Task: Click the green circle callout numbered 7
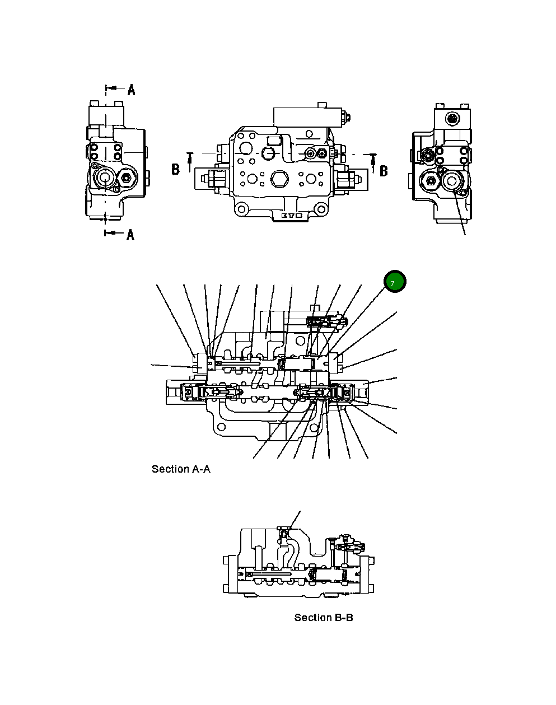click(394, 283)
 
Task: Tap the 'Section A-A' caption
click(181, 469)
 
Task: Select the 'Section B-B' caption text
click(324, 618)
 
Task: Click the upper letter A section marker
click(131, 89)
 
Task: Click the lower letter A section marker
click(130, 235)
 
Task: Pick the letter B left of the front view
click(175, 169)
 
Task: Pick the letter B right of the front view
click(384, 171)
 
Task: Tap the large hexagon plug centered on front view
click(278, 180)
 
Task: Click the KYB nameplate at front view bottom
click(291, 215)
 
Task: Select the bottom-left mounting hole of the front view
click(241, 211)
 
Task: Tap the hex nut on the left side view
click(126, 180)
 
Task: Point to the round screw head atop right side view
click(452, 118)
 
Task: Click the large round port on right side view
click(451, 180)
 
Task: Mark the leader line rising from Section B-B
click(295, 519)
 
